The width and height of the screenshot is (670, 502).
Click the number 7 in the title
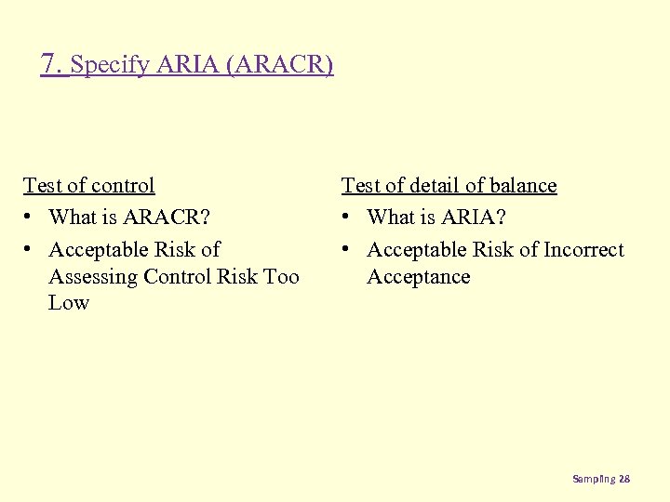point(50,64)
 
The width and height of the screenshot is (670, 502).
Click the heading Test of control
point(88,185)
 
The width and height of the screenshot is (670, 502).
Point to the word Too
point(281,276)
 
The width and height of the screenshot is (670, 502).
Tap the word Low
point(68,302)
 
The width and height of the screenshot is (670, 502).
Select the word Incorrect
point(583,249)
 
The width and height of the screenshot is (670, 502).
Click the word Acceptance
point(418,276)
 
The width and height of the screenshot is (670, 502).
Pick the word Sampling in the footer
point(594,479)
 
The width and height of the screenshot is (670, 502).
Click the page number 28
point(624,479)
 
